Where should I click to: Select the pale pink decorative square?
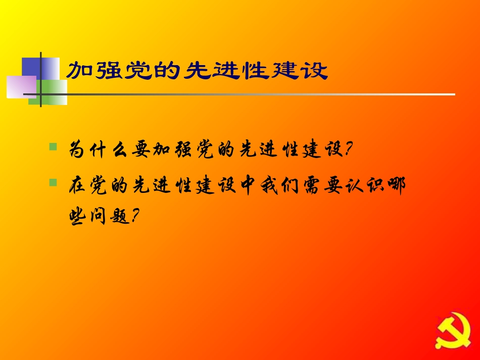(x=20, y=86)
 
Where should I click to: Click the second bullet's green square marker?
(x=53, y=181)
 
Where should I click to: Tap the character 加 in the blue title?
(x=79, y=71)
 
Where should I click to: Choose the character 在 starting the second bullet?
(x=79, y=185)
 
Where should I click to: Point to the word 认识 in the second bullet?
(x=374, y=185)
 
